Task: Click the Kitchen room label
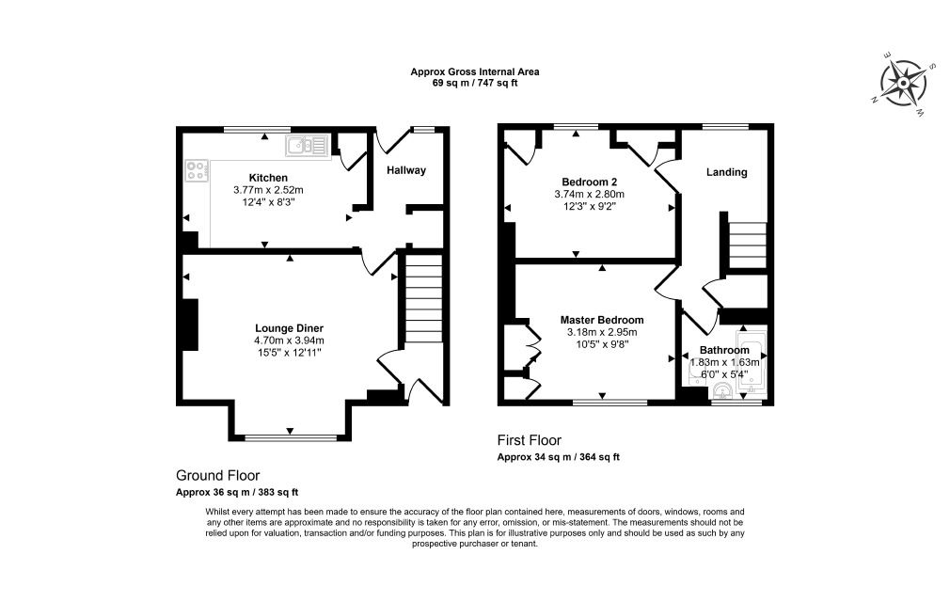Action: [x=268, y=178]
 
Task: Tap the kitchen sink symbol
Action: [x=307, y=146]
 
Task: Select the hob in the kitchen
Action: [x=197, y=170]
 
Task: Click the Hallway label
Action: [x=406, y=171]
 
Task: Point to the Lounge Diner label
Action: [x=289, y=329]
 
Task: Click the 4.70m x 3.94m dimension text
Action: [x=289, y=341]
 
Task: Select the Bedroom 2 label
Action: [x=589, y=182]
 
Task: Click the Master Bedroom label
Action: [x=602, y=321]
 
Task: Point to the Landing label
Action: [x=726, y=173]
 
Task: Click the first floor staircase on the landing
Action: [x=747, y=246]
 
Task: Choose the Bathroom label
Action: [x=724, y=351]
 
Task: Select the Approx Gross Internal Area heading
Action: [x=474, y=72]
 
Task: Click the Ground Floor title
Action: [x=217, y=475]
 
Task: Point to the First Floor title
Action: [x=529, y=440]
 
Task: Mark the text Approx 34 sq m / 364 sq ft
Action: [x=558, y=458]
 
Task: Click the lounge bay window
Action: [x=291, y=436]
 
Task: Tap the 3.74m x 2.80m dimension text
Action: [x=589, y=195]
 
